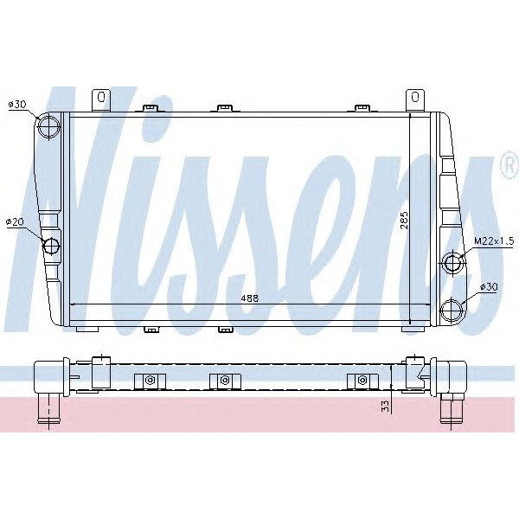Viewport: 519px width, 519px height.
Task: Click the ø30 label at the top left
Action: coord(18,105)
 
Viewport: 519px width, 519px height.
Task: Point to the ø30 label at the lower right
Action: coord(490,286)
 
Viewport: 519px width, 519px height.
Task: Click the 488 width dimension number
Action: coord(251,298)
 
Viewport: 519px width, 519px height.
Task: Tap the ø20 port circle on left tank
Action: coord(53,246)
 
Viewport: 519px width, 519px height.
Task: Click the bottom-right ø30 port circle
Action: coord(452,308)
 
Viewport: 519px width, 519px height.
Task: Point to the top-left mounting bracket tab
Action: coord(101,99)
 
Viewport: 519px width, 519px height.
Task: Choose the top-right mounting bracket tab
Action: coord(414,99)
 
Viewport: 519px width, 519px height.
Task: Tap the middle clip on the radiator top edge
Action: coord(225,108)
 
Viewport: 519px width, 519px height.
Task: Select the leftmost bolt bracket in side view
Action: coord(150,381)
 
